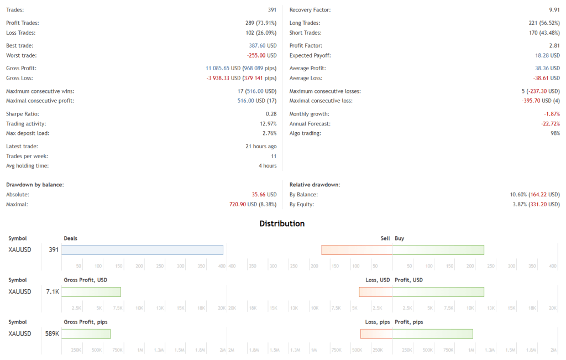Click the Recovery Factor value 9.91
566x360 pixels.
click(554, 10)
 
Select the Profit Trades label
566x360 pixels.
click(22, 23)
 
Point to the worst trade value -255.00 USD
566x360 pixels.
click(261, 56)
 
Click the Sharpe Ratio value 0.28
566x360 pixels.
click(271, 113)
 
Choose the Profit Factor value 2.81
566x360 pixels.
click(554, 46)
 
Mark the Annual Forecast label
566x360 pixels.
click(308, 123)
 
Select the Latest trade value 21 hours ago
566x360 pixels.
click(260, 147)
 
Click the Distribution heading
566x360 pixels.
click(282, 224)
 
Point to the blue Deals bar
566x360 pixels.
click(142, 250)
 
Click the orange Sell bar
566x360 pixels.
click(357, 250)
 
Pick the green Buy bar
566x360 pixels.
click(438, 250)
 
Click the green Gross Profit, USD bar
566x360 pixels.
click(91, 292)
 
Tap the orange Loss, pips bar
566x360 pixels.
click(376, 334)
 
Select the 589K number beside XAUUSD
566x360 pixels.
click(52, 334)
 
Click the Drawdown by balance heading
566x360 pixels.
click(35, 184)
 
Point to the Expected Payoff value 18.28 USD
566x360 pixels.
click(547, 56)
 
